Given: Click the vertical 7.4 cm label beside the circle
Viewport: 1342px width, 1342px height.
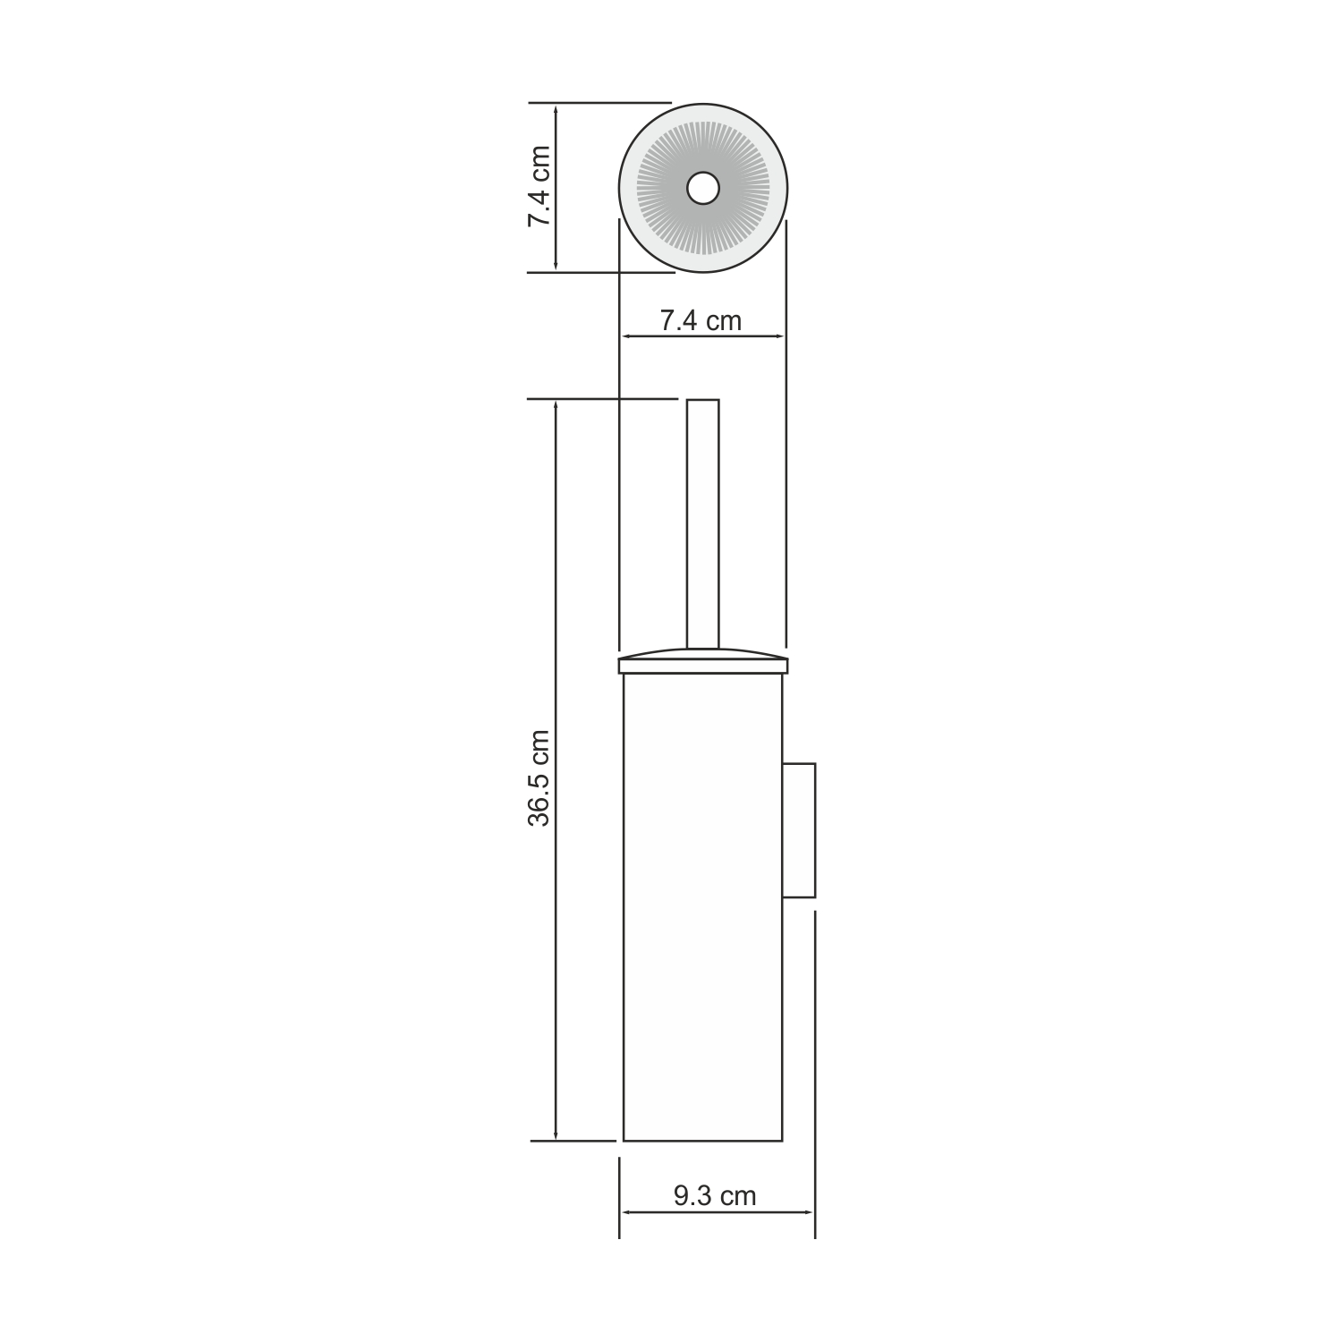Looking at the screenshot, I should point(539,186).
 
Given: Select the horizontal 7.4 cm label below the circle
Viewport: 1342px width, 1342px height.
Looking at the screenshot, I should point(701,320).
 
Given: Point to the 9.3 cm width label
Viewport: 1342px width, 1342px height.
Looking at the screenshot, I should point(715,1195).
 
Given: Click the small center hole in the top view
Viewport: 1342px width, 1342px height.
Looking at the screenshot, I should point(702,189).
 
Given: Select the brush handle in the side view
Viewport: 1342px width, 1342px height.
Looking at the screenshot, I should point(702,523).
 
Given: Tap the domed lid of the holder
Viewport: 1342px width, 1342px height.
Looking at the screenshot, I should point(702,658).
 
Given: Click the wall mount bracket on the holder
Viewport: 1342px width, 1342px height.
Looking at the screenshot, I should point(799,829).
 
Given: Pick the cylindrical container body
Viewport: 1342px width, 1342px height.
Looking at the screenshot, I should point(702,904).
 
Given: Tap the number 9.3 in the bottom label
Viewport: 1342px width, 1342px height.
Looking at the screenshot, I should point(692,1195).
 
